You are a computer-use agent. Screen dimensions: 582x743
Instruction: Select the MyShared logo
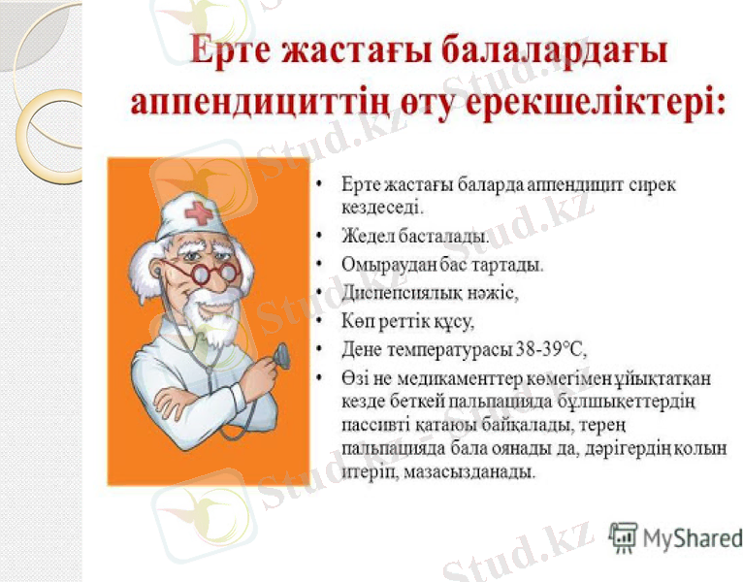pyautogui.click(x=675, y=536)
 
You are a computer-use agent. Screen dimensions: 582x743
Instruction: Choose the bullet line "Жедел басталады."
pyautogui.click(x=414, y=236)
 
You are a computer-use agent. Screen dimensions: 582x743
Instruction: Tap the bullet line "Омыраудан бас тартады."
pyautogui.click(x=441, y=264)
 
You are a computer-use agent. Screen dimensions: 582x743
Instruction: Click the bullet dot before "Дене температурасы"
pyautogui.click(x=321, y=348)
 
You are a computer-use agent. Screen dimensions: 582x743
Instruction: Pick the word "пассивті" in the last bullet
pyautogui.click(x=370, y=425)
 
